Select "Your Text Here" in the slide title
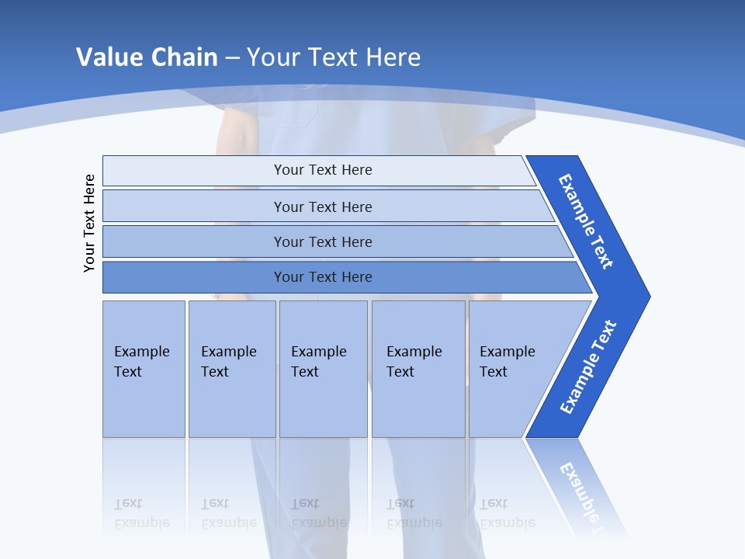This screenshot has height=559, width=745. (x=334, y=57)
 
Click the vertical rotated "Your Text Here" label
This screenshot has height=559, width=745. (x=89, y=223)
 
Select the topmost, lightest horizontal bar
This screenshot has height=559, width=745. (x=322, y=170)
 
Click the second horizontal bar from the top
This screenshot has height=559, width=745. (x=322, y=207)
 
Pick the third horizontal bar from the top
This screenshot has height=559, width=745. (x=322, y=241)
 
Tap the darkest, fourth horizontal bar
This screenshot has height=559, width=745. (x=322, y=277)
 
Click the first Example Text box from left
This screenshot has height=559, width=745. (x=144, y=369)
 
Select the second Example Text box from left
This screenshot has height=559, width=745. (x=232, y=369)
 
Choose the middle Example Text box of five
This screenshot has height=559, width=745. (x=323, y=369)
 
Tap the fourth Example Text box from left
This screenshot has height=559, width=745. (x=418, y=369)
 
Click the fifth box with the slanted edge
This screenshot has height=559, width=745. (x=512, y=369)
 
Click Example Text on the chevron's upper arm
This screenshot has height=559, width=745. (x=586, y=221)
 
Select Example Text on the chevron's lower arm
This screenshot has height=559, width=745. (x=588, y=367)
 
